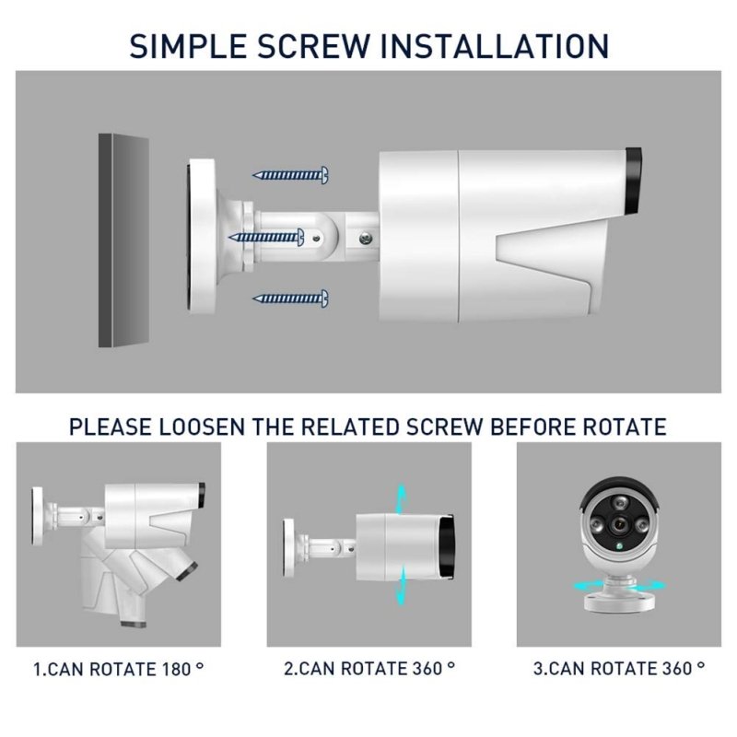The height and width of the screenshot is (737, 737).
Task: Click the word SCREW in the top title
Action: [313, 46]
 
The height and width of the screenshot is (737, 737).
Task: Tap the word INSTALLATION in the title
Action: [495, 46]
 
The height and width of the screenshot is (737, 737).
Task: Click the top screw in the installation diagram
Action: [291, 175]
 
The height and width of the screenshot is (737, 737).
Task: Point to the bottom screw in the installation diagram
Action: [291, 298]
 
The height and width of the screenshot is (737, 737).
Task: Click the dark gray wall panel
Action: [124, 240]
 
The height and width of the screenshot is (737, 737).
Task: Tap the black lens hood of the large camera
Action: [633, 181]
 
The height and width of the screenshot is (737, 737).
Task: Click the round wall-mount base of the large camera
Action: [202, 237]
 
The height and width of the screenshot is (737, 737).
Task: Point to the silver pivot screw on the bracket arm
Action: [365, 239]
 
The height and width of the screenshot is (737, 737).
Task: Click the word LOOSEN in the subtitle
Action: [202, 427]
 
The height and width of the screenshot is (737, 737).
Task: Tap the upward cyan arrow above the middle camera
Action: [401, 499]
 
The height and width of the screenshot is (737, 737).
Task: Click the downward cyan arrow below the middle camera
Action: [401, 585]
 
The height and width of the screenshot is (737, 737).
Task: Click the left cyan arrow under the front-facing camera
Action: [588, 586]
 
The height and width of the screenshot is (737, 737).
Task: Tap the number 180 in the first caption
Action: [176, 670]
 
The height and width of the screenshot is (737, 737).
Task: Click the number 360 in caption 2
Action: [427, 669]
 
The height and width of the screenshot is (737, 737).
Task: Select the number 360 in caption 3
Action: [677, 669]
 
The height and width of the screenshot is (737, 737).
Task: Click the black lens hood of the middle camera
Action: [446, 546]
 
